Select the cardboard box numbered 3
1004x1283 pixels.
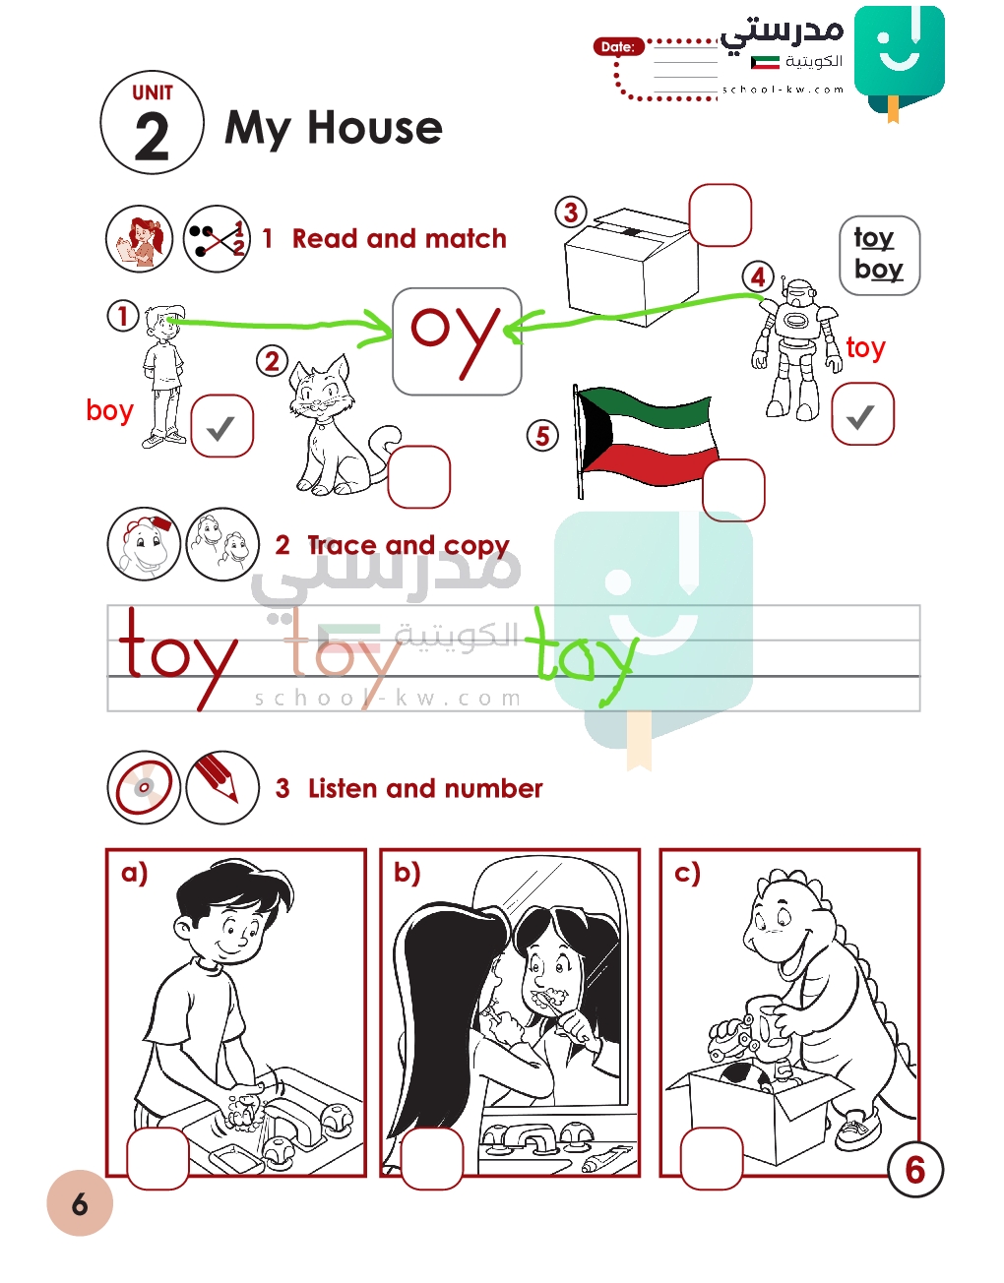click(632, 267)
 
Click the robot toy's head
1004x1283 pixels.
click(796, 293)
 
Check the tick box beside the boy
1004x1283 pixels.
click(221, 426)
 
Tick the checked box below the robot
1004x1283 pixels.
click(862, 414)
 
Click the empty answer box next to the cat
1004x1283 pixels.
click(418, 476)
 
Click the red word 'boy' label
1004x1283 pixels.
click(109, 410)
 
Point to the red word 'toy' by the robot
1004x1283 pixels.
click(865, 347)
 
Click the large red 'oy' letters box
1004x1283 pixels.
click(457, 341)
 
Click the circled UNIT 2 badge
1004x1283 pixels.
click(152, 123)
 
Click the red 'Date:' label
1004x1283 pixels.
click(618, 46)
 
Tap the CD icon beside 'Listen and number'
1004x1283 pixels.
click(144, 787)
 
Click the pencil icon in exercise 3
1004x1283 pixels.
click(222, 787)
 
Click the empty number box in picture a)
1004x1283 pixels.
click(157, 1158)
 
